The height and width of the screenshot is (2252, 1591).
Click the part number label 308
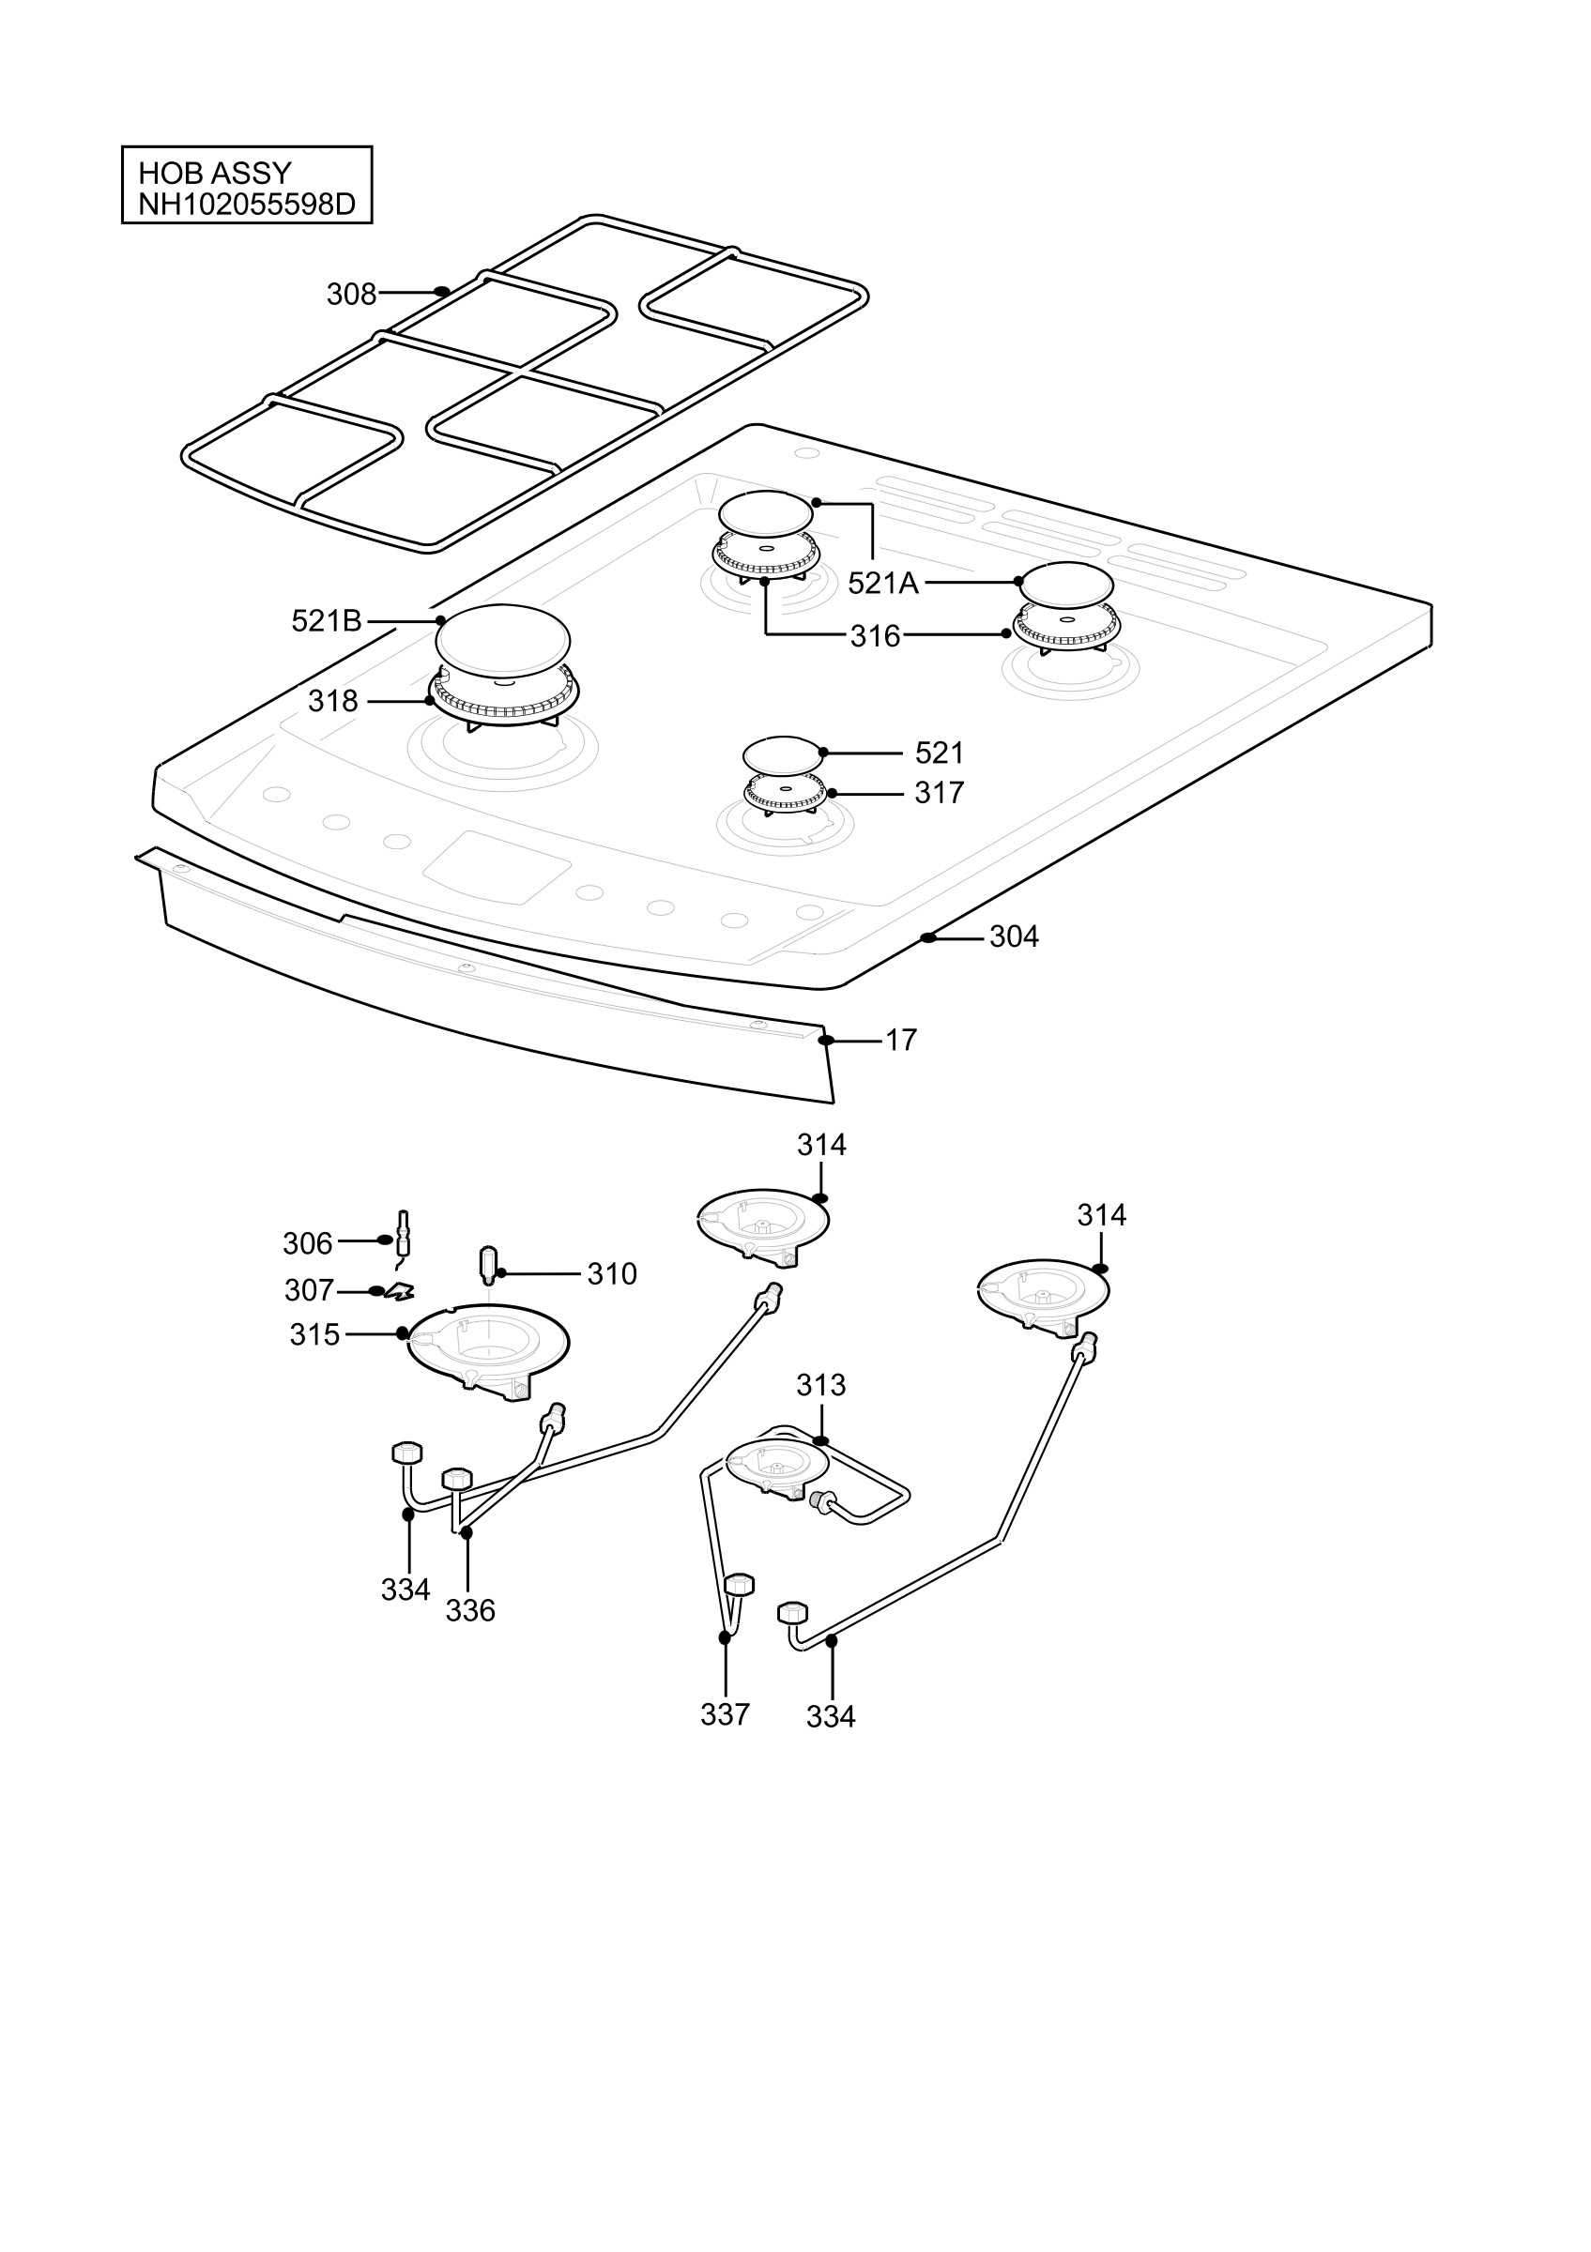point(351,295)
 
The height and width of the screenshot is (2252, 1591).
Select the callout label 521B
point(327,621)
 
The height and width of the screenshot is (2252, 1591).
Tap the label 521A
point(883,584)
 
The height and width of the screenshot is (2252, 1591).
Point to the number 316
point(875,636)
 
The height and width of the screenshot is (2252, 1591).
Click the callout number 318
point(332,701)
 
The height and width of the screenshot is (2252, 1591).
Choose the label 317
point(939,793)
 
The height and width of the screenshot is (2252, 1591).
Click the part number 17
point(900,1040)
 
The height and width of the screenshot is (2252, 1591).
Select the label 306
point(307,1243)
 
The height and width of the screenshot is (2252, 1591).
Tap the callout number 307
point(309,1291)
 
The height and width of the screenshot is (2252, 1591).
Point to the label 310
point(612,1274)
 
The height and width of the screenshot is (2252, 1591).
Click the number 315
point(314,1335)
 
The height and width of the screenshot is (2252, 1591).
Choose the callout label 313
point(821,1385)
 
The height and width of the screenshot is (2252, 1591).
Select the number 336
point(470,1610)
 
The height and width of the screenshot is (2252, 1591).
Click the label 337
point(725,1714)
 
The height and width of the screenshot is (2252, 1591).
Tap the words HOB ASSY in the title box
point(215,174)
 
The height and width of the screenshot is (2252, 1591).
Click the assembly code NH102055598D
point(246,205)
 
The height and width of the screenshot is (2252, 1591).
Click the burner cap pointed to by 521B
point(502,641)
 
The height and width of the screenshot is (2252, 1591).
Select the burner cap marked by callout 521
point(782,755)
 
